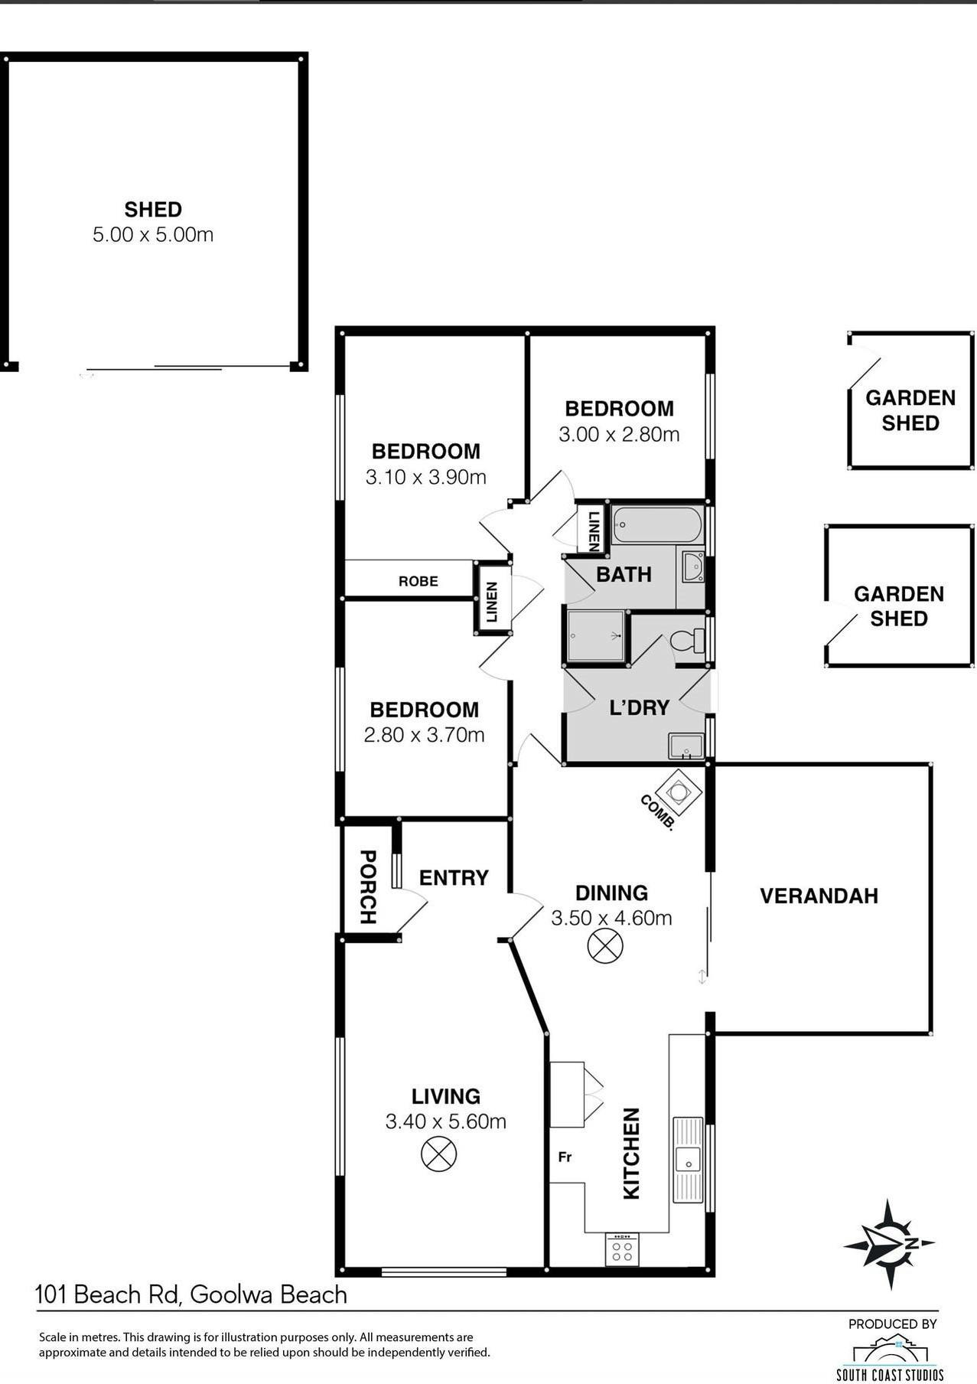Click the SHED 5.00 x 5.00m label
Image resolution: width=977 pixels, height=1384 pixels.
click(x=153, y=222)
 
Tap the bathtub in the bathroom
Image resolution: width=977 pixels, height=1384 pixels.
click(x=656, y=525)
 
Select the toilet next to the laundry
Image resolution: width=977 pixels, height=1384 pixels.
click(x=689, y=640)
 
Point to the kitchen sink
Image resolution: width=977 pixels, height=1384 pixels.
click(x=688, y=1160)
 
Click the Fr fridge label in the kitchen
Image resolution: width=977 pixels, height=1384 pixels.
click(x=565, y=1157)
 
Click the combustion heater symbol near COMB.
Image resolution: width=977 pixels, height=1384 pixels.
click(x=679, y=788)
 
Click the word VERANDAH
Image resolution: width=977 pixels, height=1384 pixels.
click(x=819, y=896)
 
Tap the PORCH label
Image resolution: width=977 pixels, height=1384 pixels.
click(x=368, y=887)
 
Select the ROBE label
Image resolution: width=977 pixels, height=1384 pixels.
click(x=418, y=581)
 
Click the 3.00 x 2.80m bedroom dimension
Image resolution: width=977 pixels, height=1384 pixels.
click(x=619, y=435)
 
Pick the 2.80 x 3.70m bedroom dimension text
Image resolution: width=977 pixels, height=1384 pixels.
click(x=424, y=735)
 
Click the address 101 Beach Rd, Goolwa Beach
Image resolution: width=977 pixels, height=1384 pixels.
click(x=191, y=1294)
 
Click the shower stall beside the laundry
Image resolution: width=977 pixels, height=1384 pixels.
click(x=596, y=635)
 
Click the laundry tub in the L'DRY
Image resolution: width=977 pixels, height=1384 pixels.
click(x=686, y=746)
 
